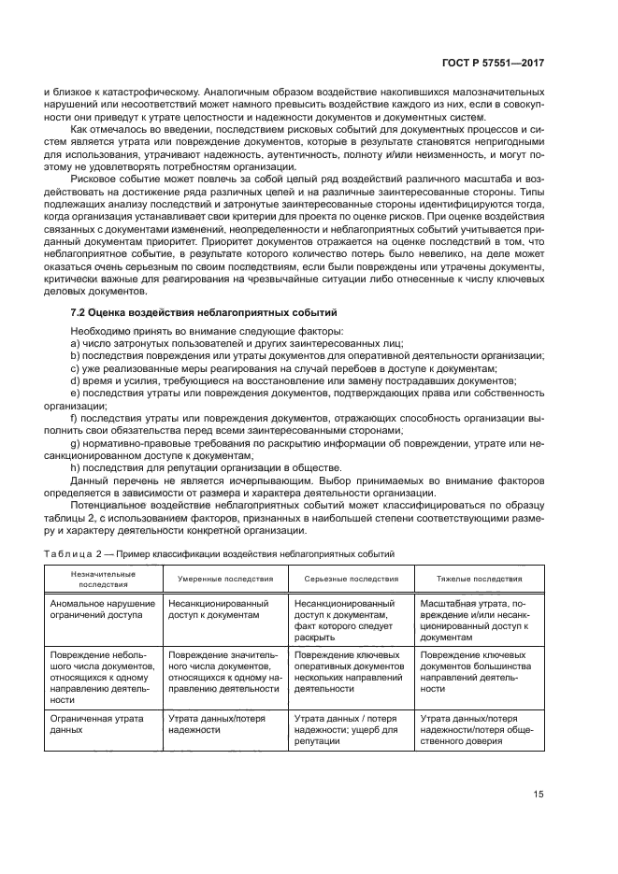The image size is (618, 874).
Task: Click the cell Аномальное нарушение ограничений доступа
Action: click(97, 609)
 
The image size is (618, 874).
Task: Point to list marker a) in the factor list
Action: click(74, 343)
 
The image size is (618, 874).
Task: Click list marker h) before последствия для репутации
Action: click(74, 467)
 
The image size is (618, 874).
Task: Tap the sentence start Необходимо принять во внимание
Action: click(140, 331)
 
